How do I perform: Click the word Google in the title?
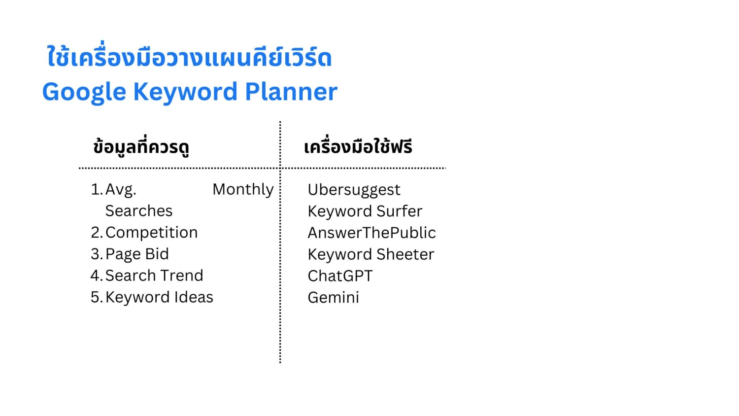pyautogui.click(x=84, y=92)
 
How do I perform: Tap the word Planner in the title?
pyautogui.click(x=291, y=92)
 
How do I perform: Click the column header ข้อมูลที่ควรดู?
pyautogui.click(x=141, y=147)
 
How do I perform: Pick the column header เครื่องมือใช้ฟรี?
pyautogui.click(x=358, y=147)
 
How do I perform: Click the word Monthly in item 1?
pyautogui.click(x=243, y=189)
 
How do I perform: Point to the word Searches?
pyautogui.click(x=138, y=211)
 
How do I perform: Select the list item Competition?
pyautogui.click(x=151, y=233)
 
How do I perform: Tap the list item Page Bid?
pyautogui.click(x=137, y=254)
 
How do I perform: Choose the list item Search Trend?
pyautogui.click(x=154, y=276)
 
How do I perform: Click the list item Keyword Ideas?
pyautogui.click(x=159, y=297)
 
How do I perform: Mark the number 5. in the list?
pyautogui.click(x=97, y=297)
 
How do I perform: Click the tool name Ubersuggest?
pyautogui.click(x=354, y=190)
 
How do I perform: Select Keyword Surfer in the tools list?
pyautogui.click(x=365, y=211)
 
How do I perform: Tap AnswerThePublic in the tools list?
pyautogui.click(x=371, y=233)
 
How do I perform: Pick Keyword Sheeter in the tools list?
pyautogui.click(x=370, y=254)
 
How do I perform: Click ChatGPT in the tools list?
pyautogui.click(x=340, y=276)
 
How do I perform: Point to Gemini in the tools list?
pyautogui.click(x=333, y=298)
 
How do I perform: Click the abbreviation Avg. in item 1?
pyautogui.click(x=121, y=190)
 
